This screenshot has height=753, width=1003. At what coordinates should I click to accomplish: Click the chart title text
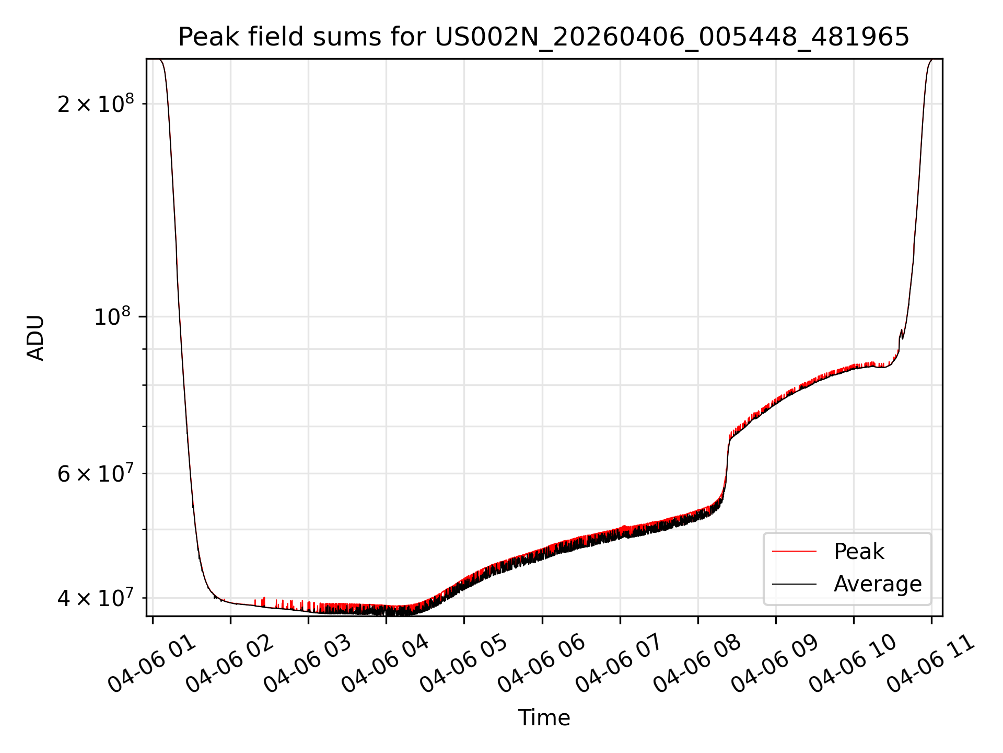544,37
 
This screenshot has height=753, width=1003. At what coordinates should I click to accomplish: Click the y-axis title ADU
36,337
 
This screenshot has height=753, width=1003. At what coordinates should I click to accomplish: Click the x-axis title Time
544,717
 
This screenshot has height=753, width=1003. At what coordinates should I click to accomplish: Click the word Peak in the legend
859,551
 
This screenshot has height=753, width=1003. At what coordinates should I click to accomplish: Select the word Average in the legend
878,584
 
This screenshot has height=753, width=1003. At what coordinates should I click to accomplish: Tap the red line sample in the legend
794,551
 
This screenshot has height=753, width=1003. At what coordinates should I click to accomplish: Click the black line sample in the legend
794,584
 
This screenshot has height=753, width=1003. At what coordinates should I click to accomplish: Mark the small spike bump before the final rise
901,333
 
